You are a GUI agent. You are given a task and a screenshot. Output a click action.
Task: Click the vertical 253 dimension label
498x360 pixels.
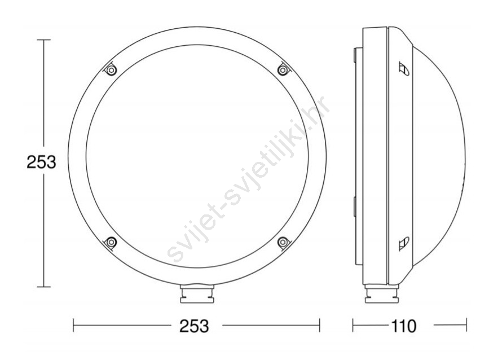[x=41, y=162]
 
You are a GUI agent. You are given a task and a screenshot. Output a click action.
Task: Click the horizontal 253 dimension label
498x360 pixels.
[x=194, y=326]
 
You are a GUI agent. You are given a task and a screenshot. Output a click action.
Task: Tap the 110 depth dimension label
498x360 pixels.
[x=403, y=326]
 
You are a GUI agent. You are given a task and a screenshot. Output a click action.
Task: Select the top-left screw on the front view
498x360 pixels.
[x=110, y=70]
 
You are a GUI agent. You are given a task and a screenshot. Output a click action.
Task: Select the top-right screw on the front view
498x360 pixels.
[x=283, y=69]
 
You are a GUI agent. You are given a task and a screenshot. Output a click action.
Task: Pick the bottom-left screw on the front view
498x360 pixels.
[x=111, y=243]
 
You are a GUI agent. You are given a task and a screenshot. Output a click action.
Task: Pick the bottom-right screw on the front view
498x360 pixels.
[x=283, y=243]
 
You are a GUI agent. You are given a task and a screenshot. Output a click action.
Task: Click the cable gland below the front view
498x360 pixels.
[x=197, y=293]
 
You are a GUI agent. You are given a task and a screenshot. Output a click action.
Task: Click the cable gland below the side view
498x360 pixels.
[x=381, y=293]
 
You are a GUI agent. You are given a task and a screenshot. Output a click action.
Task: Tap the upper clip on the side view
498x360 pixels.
[x=404, y=69]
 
